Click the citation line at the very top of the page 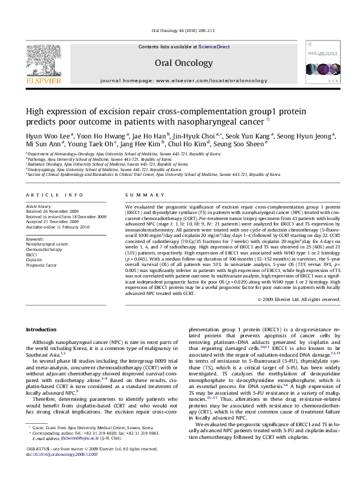click(x=180, y=31)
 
